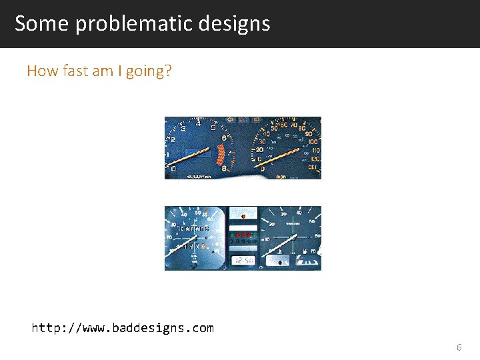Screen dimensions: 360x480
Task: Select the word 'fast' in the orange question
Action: pos(73,71)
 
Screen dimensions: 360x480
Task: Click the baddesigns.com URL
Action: pos(123,328)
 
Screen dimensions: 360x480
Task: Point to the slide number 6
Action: pos(459,347)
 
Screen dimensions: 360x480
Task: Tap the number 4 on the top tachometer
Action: pos(199,123)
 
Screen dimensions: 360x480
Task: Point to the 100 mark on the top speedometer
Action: pos(313,141)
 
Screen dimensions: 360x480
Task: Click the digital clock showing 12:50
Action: pos(243,260)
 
